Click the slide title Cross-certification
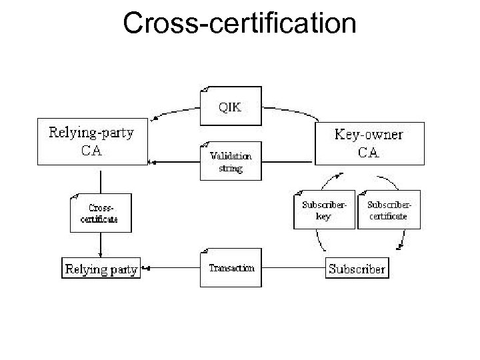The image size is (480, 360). (x=240, y=24)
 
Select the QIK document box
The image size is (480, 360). (x=231, y=105)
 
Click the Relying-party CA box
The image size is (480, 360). (x=91, y=142)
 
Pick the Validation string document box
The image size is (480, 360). (x=231, y=161)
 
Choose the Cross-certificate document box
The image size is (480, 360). (x=101, y=213)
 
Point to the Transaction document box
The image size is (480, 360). (x=231, y=268)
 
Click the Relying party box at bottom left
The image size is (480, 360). (x=101, y=269)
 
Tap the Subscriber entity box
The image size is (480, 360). (x=357, y=269)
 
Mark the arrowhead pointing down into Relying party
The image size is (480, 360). (x=100, y=255)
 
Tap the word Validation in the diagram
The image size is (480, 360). (x=231, y=156)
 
